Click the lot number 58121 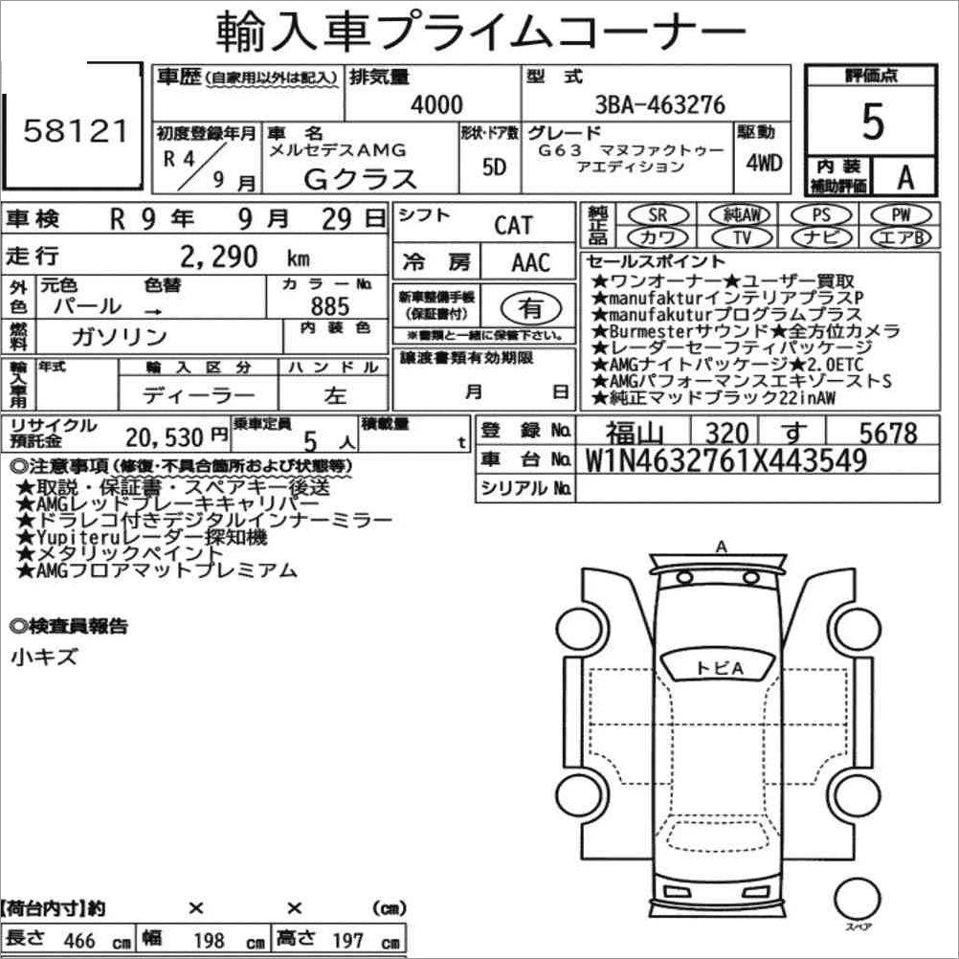pos(76,131)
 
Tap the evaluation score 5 pos(873,122)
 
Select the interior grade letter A pos(905,177)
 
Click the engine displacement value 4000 pos(436,104)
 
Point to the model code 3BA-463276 pos(660,104)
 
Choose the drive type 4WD pos(764,163)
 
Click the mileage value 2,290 pos(219,256)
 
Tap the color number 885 pos(329,306)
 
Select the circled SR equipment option pos(658,214)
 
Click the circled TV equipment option pos(742,236)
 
